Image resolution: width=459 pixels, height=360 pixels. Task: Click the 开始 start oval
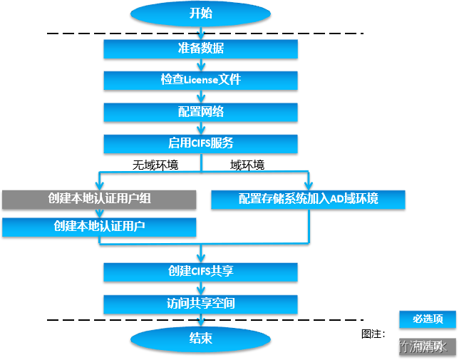click(200, 14)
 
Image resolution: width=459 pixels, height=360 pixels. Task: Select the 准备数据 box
click(200, 48)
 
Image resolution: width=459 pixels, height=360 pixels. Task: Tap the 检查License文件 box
click(200, 80)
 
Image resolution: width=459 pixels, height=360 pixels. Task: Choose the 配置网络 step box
click(200, 112)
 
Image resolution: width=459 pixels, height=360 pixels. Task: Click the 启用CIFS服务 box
click(200, 143)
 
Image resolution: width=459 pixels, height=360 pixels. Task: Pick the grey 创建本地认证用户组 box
click(99, 199)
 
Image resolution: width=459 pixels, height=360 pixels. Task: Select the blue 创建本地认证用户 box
click(99, 227)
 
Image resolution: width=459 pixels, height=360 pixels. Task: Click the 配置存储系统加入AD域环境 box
click(308, 199)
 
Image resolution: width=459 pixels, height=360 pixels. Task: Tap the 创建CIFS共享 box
click(200, 272)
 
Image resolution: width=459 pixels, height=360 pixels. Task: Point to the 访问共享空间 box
click(200, 304)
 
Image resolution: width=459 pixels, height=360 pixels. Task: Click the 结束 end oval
click(200, 339)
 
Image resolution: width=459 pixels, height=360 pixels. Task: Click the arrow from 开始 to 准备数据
click(201, 33)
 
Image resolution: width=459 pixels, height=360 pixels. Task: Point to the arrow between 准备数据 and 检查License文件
click(201, 65)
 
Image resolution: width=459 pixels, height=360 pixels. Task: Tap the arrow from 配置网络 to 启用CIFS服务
click(201, 128)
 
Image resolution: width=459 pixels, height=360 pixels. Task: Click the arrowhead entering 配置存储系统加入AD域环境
click(308, 185)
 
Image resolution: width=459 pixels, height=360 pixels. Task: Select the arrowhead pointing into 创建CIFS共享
click(201, 257)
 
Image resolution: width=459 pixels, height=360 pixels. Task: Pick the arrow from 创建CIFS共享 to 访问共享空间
click(201, 288)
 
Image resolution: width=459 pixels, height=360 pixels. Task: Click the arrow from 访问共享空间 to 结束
click(201, 321)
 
